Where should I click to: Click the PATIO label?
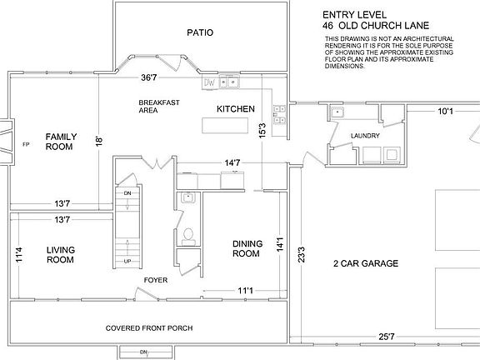[200, 33]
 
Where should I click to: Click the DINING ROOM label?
[248, 248]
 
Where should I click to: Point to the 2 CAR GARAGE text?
[365, 264]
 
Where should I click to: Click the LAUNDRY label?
[366, 136]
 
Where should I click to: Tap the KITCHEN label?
[235, 110]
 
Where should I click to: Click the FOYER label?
[156, 281]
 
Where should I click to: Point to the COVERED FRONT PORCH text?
[149, 328]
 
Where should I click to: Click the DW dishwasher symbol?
[210, 82]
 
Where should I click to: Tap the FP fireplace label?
[26, 142]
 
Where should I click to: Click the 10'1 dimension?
[446, 111]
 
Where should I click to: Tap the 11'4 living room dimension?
[17, 255]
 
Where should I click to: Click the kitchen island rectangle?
[226, 126]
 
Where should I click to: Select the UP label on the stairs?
[127, 261]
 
